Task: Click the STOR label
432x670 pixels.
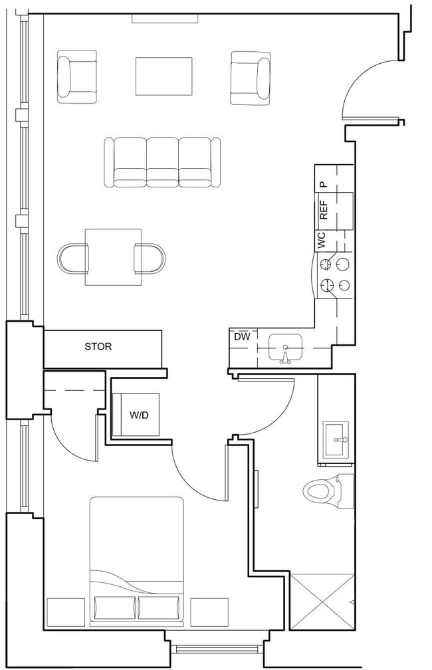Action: coord(98,346)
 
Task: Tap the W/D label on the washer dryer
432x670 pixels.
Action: coord(139,415)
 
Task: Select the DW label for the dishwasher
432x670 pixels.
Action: coord(242,337)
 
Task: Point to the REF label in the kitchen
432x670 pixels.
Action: coord(324,209)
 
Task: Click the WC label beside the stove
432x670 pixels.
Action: coord(322,240)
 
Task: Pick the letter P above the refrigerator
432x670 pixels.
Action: coord(324,184)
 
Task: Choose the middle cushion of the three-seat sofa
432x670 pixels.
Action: coord(163,162)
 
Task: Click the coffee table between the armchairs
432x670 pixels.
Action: coord(164,76)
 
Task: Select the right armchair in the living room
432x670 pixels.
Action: coord(251,78)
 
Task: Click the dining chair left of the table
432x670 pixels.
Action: coord(73,258)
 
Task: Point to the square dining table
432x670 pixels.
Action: coord(113,257)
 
